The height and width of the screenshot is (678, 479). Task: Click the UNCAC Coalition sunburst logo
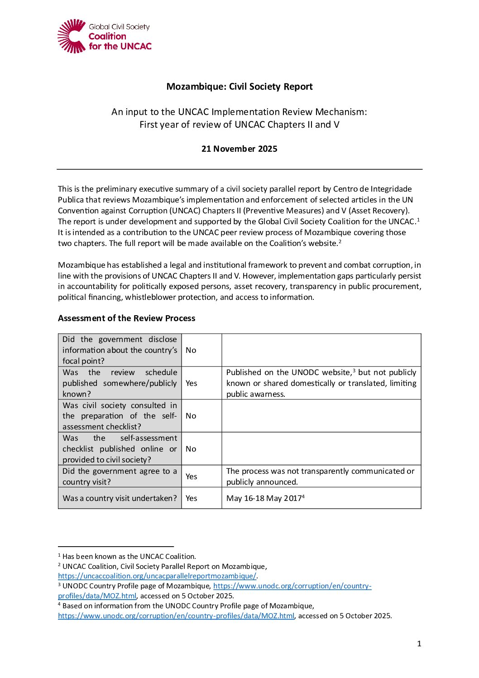pyautogui.click(x=72, y=36)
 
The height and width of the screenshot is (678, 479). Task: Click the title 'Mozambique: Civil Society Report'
pyautogui.click(x=239, y=87)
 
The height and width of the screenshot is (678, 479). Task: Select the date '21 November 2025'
pyautogui.click(x=239, y=149)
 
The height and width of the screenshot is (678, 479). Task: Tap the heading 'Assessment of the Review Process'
pyautogui.click(x=127, y=318)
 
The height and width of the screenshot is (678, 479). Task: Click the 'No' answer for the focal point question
pyautogui.click(x=191, y=350)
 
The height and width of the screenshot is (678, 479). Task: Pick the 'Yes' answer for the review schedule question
pyautogui.click(x=192, y=383)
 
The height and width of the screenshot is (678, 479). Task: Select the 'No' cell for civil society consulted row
pyautogui.click(x=191, y=416)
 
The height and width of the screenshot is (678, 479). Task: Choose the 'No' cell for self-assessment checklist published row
pyautogui.click(x=191, y=449)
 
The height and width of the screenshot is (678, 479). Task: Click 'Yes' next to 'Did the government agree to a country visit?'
pyautogui.click(x=192, y=476)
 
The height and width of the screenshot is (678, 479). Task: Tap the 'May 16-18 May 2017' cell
pyautogui.click(x=264, y=498)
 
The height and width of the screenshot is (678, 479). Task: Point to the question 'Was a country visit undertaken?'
pyautogui.click(x=120, y=498)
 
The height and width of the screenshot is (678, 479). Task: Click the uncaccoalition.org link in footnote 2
pyautogui.click(x=157, y=576)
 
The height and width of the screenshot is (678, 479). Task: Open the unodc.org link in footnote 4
pyautogui.click(x=176, y=616)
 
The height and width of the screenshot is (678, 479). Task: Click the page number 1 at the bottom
pyautogui.click(x=419, y=644)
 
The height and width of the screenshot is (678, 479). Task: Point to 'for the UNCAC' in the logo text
pyautogui.click(x=120, y=46)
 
